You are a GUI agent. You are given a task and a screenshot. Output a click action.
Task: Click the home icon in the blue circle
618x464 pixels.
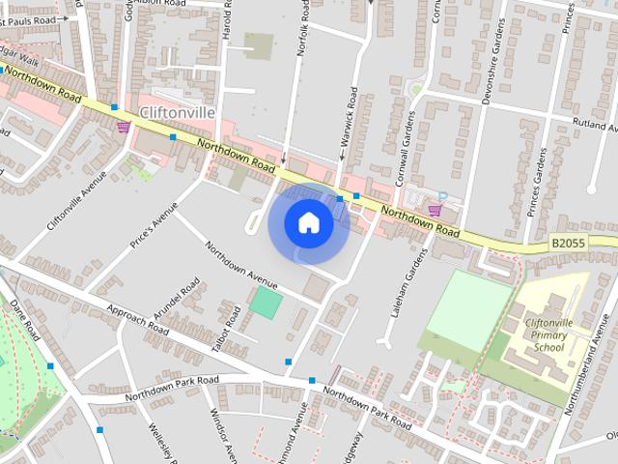point(308,223)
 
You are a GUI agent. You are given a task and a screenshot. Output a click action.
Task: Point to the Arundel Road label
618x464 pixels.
point(183,302)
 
